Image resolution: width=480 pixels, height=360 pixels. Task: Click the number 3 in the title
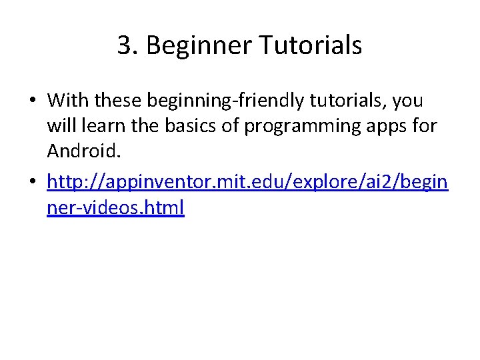[123, 46]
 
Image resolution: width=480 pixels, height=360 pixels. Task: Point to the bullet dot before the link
[32, 183]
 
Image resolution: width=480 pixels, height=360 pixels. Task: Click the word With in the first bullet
[68, 101]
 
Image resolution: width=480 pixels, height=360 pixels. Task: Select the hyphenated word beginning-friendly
[223, 101]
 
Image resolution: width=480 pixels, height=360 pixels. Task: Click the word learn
[93, 127]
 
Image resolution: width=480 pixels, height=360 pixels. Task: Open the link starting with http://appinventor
[247, 181]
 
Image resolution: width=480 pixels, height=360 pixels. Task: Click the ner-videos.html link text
[115, 207]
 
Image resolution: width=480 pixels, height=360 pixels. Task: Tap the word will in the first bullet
[59, 127]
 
